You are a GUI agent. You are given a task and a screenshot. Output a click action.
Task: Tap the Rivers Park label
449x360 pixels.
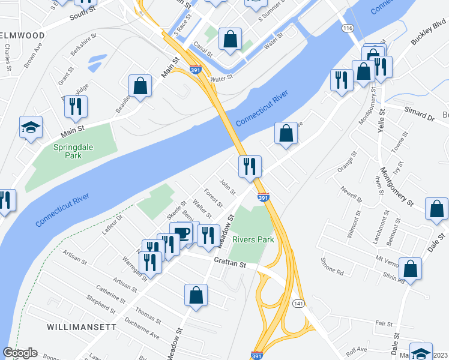[x=253, y=239]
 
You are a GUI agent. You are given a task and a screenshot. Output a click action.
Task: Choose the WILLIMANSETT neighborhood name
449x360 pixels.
[x=82, y=327]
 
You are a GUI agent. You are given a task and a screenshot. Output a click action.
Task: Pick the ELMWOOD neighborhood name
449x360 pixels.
[x=22, y=35]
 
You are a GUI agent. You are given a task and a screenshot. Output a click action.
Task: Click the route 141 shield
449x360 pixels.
[x=298, y=304]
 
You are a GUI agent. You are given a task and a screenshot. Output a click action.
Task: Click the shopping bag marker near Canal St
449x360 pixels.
[x=229, y=40]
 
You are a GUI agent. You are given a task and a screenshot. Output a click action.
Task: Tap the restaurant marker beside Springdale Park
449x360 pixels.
[x=76, y=106]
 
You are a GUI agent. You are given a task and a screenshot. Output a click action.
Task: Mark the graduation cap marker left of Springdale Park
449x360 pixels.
[x=31, y=127]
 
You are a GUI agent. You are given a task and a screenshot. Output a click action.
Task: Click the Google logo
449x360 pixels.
[x=20, y=353]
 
